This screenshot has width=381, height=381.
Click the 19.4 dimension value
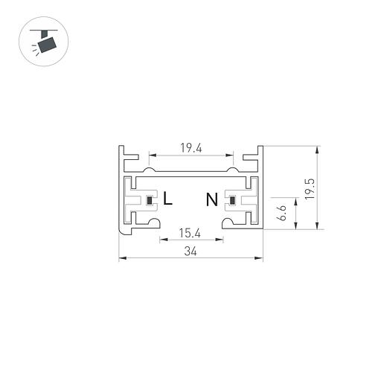pos(191,148)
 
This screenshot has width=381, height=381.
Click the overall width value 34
pos(190,252)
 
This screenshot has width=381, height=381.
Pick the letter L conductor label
pos(168,199)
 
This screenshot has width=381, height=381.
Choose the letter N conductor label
pos(212,199)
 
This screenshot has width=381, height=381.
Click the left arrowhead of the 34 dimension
pos(122,259)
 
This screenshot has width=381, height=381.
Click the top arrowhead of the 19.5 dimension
pos(318,149)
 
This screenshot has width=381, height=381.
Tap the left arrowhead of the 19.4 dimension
pos(151,156)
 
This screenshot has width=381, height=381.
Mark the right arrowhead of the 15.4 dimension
pos(220,240)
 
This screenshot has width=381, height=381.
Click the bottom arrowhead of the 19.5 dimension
pos(318,228)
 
